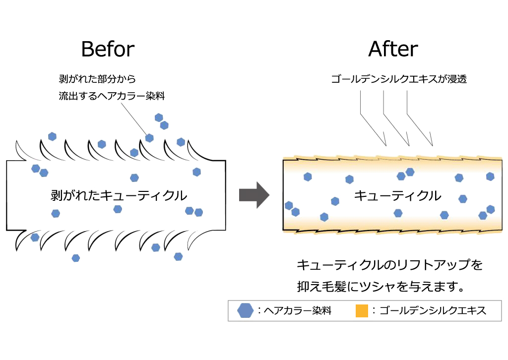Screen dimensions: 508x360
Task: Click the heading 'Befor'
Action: [x=108, y=49]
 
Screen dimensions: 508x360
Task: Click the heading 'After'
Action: [x=393, y=49]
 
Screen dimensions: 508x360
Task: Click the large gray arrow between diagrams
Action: [x=254, y=195]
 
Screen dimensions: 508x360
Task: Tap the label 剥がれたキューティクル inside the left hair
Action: [x=119, y=195]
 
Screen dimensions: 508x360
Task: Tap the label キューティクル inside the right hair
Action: [x=398, y=195]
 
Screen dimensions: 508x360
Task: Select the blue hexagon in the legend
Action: [x=245, y=310]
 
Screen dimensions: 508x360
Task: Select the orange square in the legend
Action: [x=362, y=311]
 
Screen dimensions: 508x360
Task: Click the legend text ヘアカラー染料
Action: [x=298, y=310]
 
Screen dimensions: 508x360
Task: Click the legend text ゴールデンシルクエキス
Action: [x=433, y=310]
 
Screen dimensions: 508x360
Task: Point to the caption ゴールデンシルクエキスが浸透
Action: [x=399, y=79]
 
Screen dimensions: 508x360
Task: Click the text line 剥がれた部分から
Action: [x=97, y=79]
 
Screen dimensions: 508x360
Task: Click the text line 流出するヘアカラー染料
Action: [x=112, y=96]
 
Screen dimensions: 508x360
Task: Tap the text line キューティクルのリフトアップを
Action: [x=390, y=265]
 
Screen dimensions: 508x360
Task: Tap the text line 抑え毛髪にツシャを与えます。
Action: [x=381, y=287]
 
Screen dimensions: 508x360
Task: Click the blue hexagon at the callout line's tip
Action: [x=149, y=138]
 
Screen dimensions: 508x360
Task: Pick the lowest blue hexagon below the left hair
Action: [x=76, y=258]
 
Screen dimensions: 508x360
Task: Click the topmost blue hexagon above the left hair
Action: [x=159, y=118]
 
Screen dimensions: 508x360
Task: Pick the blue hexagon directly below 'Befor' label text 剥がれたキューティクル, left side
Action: [x=56, y=213]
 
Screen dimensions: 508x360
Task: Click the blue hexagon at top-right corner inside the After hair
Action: [x=490, y=177]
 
